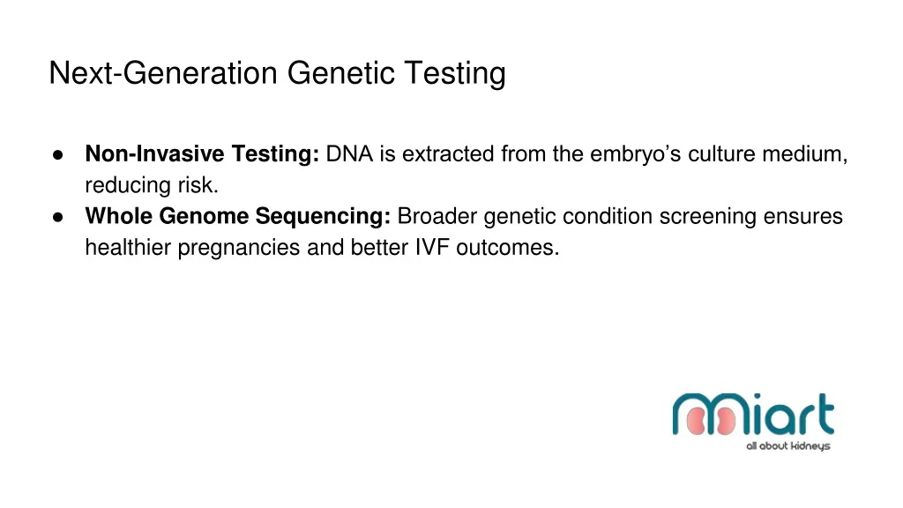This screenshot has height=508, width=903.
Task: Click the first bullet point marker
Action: [57, 154]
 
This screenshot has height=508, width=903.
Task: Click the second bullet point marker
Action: [57, 216]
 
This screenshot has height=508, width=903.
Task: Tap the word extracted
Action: [446, 154]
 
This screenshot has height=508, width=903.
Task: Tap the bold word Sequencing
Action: [323, 216]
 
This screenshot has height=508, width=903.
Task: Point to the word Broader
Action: [437, 216]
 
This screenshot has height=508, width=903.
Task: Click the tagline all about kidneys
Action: [787, 446]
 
